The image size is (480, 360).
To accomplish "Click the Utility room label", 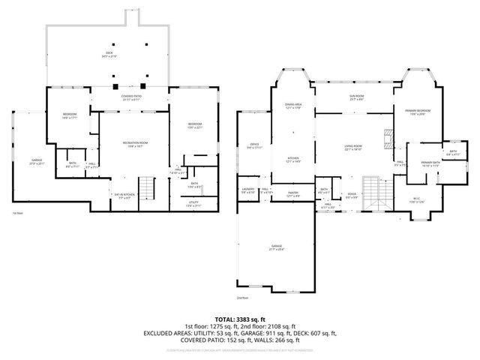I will click(x=193, y=203).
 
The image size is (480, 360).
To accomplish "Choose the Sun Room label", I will click(x=353, y=98).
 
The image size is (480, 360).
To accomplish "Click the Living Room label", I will click(x=353, y=147).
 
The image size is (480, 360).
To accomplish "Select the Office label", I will click(x=254, y=146).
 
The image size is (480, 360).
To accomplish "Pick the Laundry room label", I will click(x=248, y=190).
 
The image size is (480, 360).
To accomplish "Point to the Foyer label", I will click(x=351, y=195).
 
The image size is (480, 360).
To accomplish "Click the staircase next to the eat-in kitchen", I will click(x=149, y=190).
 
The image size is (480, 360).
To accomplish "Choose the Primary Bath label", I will click(x=430, y=164).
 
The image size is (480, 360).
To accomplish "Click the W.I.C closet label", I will click(x=416, y=201).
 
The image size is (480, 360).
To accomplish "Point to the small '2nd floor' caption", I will click(x=242, y=298).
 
